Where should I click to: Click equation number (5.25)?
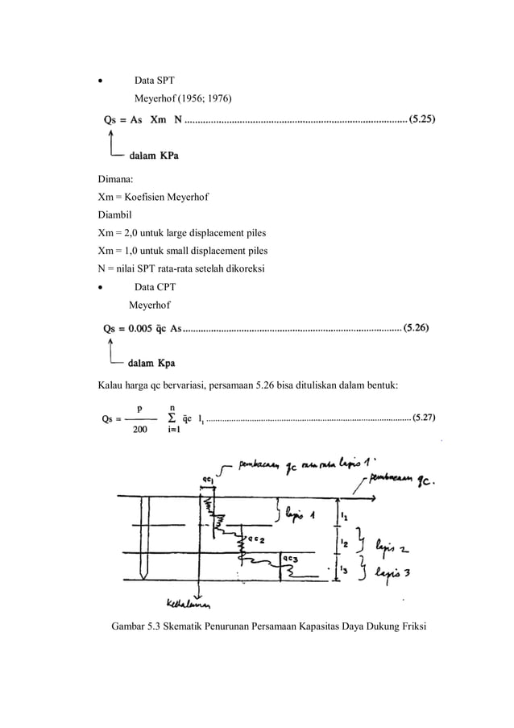(423, 121)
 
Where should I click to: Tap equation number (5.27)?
(425, 418)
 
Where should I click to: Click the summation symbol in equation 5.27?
(172, 418)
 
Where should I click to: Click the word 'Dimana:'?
(116, 182)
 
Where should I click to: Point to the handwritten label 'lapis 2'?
(391, 548)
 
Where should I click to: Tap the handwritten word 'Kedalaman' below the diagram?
(189, 605)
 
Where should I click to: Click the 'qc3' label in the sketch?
(288, 557)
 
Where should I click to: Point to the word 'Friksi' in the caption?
(407, 626)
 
